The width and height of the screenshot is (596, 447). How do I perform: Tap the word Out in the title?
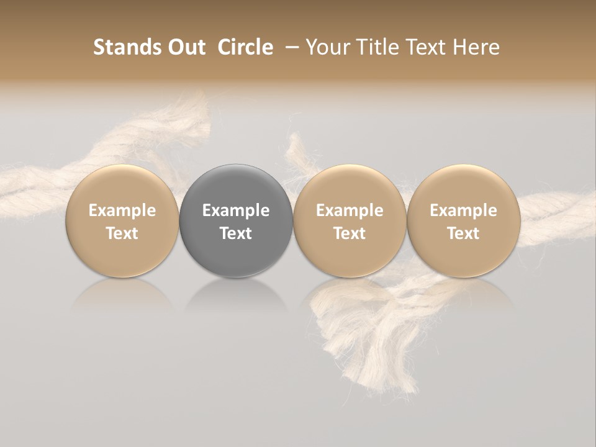[185, 47]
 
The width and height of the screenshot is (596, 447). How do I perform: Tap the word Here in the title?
[476, 47]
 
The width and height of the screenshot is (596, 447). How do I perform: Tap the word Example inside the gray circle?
[236, 210]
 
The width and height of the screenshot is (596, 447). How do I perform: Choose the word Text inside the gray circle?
[236, 233]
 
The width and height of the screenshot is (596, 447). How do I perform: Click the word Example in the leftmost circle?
[122, 210]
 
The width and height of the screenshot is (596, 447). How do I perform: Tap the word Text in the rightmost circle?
[463, 233]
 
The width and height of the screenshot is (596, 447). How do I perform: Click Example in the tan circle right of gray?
[350, 210]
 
